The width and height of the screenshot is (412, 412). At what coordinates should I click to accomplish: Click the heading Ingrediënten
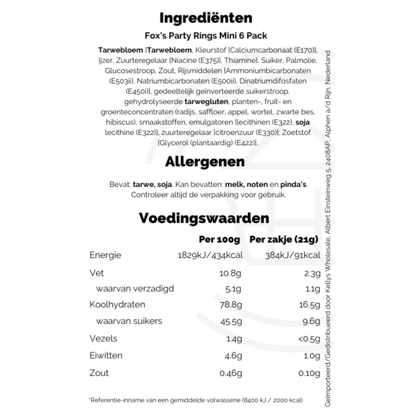click(197, 18)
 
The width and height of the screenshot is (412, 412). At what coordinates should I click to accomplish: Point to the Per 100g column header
click(219, 240)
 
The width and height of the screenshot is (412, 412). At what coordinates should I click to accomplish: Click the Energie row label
click(105, 255)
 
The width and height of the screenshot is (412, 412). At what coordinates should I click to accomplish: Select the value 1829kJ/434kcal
click(209, 255)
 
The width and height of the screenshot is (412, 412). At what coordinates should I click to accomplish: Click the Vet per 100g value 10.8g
click(229, 273)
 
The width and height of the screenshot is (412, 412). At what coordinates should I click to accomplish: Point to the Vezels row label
click(103, 339)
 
